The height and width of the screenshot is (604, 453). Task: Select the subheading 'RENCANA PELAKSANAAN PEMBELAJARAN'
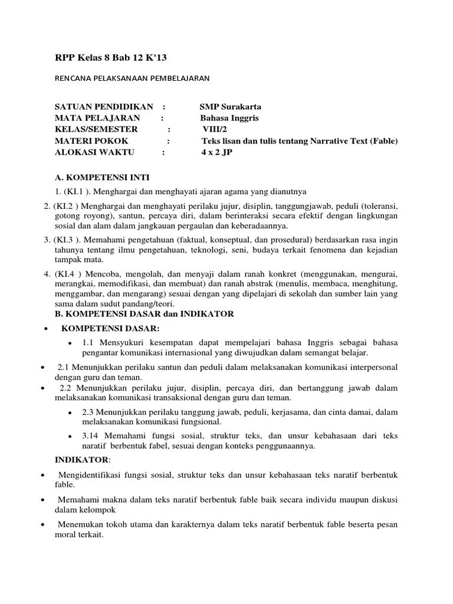click(132, 77)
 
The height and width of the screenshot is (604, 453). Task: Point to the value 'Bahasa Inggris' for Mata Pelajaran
click(229, 118)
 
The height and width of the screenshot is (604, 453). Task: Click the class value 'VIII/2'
click(215, 129)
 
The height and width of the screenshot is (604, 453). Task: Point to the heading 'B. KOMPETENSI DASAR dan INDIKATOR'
click(144, 314)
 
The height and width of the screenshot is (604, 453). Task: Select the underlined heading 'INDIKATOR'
click(82, 459)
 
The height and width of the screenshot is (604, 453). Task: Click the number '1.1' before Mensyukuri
click(89, 342)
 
